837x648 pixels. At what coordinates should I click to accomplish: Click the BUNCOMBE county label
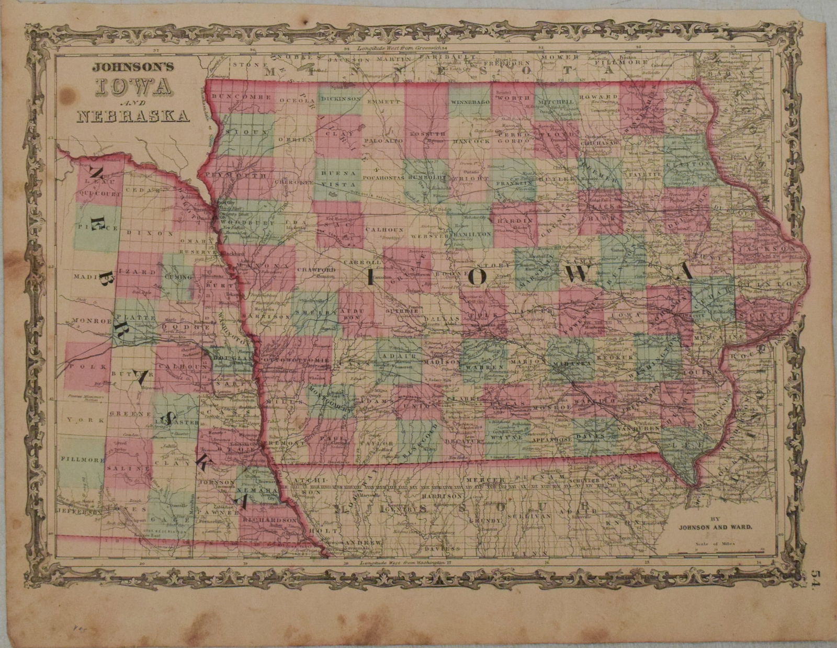(239, 98)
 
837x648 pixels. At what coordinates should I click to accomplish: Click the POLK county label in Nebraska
(82, 367)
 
